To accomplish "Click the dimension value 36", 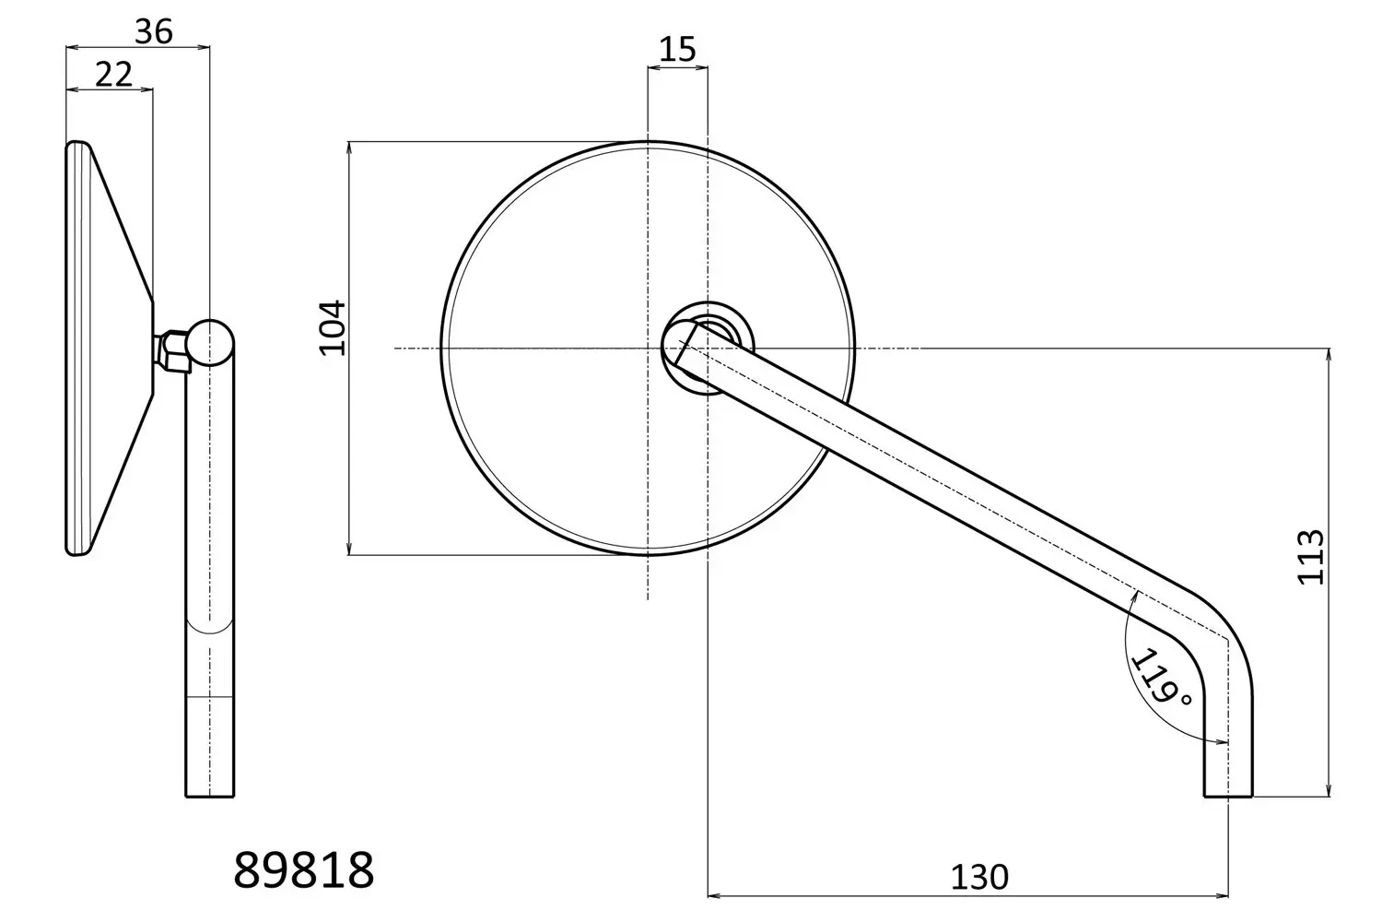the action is (x=154, y=31).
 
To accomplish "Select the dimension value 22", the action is (x=113, y=75).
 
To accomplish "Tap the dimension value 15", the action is (x=677, y=50).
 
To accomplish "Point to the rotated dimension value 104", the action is (x=332, y=328).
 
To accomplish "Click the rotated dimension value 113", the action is (x=1310, y=557).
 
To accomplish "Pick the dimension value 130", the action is (x=979, y=878).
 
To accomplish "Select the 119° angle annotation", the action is (x=1161, y=677).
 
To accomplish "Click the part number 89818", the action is (x=303, y=870).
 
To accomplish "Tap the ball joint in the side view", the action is (x=211, y=342).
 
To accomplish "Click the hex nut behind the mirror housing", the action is (x=173, y=352).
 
